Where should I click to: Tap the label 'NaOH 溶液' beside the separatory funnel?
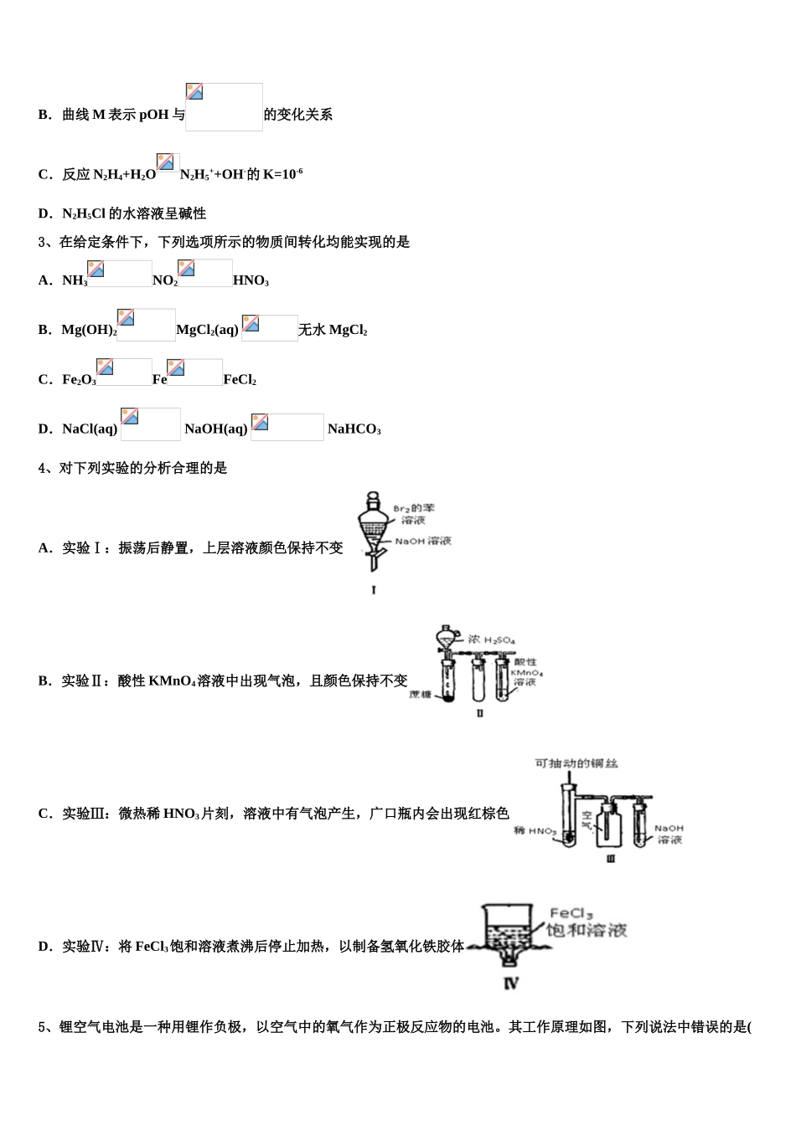pyautogui.click(x=423, y=542)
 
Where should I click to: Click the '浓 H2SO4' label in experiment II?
pyautogui.click(x=492, y=640)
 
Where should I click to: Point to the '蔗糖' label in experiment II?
pyautogui.click(x=420, y=696)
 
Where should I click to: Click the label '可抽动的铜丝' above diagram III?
pyautogui.click(x=576, y=763)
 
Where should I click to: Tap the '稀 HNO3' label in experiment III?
pyautogui.click(x=535, y=831)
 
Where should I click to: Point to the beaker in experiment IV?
pyautogui.click(x=508, y=929)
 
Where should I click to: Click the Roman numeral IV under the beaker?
pyautogui.click(x=511, y=984)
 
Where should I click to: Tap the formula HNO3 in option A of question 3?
pyautogui.click(x=251, y=281)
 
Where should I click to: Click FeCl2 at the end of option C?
pyautogui.click(x=240, y=380)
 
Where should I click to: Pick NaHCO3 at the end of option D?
pyautogui.click(x=354, y=430)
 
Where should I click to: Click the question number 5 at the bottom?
pyautogui.click(x=42, y=1027)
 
